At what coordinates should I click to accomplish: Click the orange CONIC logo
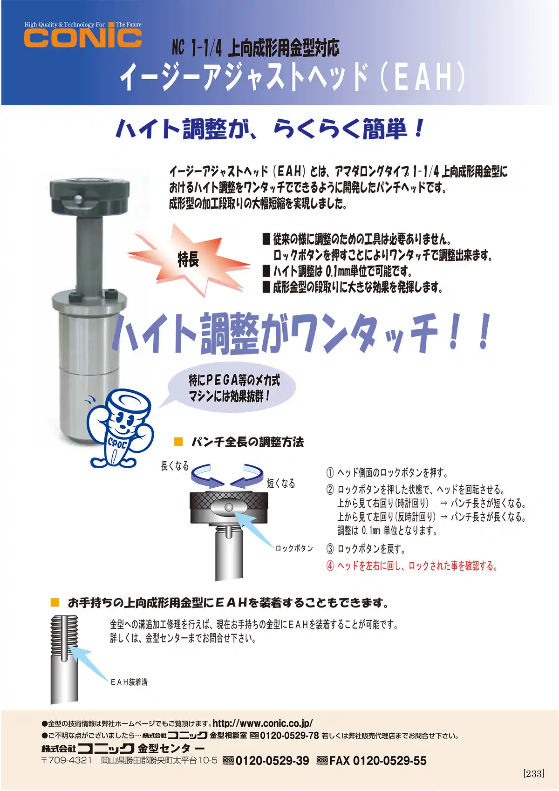pyautogui.click(x=82, y=38)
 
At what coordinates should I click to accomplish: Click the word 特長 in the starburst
pyautogui.click(x=188, y=259)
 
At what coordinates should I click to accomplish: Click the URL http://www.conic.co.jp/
pyautogui.click(x=263, y=723)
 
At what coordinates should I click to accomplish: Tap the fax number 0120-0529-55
pyautogui.click(x=389, y=761)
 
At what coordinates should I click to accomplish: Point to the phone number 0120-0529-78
pyautogui.click(x=289, y=736)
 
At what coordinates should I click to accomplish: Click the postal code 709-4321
pyautogui.click(x=70, y=760)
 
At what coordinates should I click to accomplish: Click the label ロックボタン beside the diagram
pyautogui.click(x=294, y=548)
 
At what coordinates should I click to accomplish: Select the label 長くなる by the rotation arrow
pyautogui.click(x=175, y=466)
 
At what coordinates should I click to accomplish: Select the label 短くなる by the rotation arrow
pyautogui.click(x=281, y=483)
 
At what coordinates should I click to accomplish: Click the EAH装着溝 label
pyautogui.click(x=129, y=682)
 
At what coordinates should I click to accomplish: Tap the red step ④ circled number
pyautogui.click(x=330, y=566)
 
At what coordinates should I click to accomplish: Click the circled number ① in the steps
pyautogui.click(x=330, y=473)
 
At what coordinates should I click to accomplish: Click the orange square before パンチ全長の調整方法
pyautogui.click(x=178, y=442)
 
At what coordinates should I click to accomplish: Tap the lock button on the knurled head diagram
pyautogui.click(x=228, y=507)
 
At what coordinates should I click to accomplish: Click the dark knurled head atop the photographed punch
pyautogui.click(x=89, y=195)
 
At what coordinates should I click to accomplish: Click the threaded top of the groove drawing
pyautogui.click(x=64, y=629)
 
